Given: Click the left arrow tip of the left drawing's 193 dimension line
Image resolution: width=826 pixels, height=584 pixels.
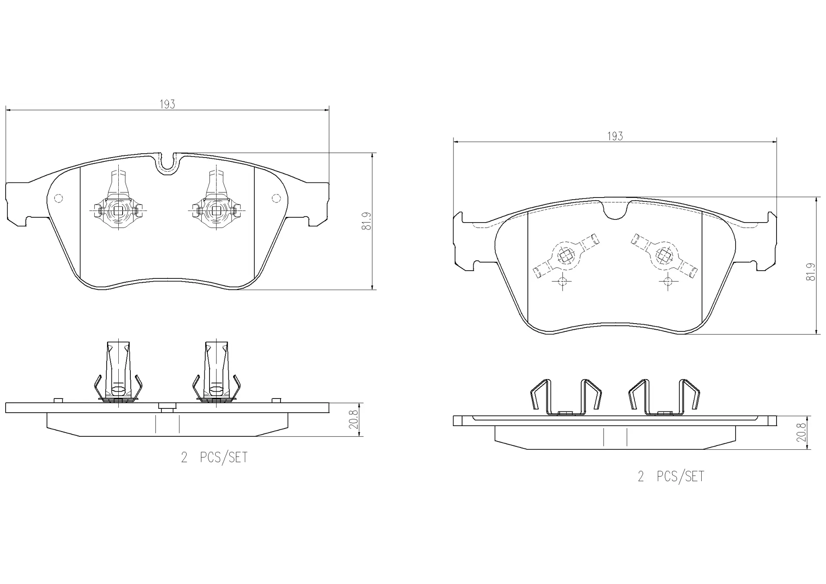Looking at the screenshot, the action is pyautogui.click(x=6, y=110).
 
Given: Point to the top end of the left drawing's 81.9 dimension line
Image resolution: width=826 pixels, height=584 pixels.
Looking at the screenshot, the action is pyautogui.click(x=372, y=152).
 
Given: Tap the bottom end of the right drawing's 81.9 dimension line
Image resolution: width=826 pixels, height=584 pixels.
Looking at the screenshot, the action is pyautogui.click(x=816, y=334).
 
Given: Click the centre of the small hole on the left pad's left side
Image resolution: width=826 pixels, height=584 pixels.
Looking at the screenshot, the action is pyautogui.click(x=59, y=198).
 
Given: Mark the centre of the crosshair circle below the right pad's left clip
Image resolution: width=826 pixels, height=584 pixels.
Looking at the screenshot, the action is pyautogui.click(x=562, y=281).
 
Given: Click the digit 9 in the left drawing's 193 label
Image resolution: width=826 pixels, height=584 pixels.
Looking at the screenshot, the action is pyautogui.click(x=168, y=104).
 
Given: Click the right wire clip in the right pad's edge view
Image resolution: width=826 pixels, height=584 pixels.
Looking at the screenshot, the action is pyautogui.click(x=664, y=397).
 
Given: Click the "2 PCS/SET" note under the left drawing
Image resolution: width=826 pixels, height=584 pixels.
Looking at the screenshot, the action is pyautogui.click(x=214, y=457).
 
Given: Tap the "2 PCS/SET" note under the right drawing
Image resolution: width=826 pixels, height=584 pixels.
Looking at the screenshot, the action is pyautogui.click(x=671, y=476).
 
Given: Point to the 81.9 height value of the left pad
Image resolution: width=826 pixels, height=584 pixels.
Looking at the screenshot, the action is pyautogui.click(x=367, y=220).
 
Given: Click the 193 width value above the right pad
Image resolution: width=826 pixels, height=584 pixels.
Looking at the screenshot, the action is pyautogui.click(x=615, y=136).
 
